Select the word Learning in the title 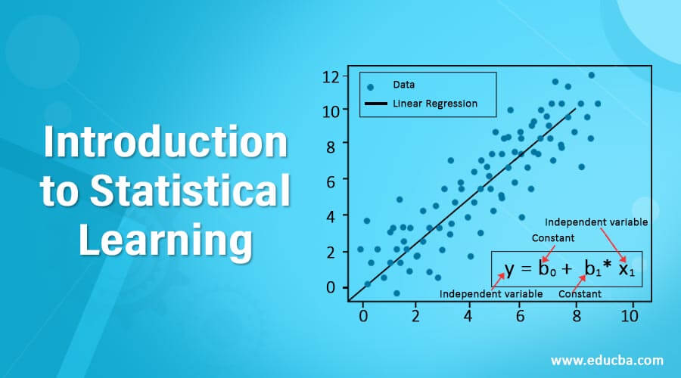point(164,240)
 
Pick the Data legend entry point(403,85)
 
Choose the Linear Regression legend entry point(434,104)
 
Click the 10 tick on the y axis point(329,111)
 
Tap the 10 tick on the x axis point(629,315)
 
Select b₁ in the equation point(593,269)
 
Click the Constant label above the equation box point(553,238)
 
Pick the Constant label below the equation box point(580,294)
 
